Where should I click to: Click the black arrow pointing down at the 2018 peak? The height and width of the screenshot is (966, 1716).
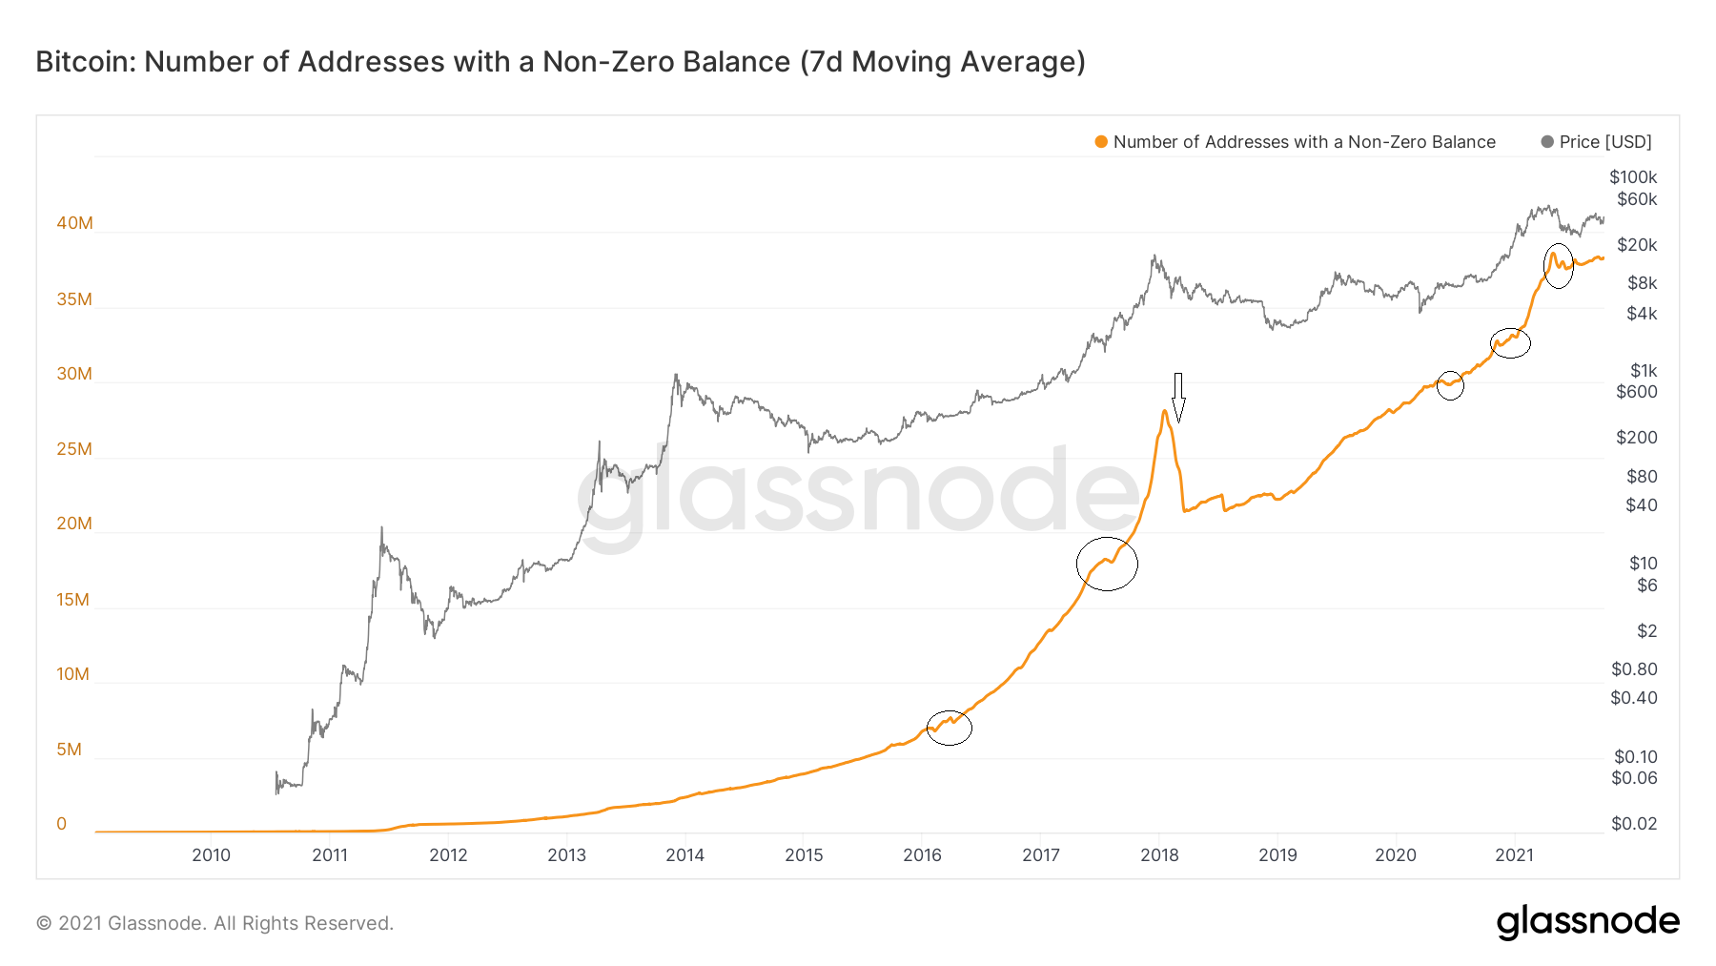click(1178, 397)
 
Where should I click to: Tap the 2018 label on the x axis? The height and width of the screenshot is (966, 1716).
click(1159, 855)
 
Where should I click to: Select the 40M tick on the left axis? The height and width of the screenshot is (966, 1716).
click(74, 223)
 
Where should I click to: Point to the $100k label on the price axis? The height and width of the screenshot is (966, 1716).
click(1633, 177)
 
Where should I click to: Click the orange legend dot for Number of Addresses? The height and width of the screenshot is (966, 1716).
click(1101, 142)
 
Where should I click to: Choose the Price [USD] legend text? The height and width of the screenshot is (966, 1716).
click(1605, 142)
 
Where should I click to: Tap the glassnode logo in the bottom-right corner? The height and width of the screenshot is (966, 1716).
click(1587, 922)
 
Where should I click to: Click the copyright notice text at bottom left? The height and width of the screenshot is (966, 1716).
click(214, 923)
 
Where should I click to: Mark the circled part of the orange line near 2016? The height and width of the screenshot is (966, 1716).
click(950, 728)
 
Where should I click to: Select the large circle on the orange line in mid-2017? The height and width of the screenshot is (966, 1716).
click(1107, 564)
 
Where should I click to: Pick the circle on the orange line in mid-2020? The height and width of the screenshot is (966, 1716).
click(1450, 385)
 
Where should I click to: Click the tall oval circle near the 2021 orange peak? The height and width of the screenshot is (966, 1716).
click(1558, 266)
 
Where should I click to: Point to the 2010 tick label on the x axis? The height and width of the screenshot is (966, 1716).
click(211, 855)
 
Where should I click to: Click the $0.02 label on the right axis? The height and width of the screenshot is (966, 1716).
click(1634, 824)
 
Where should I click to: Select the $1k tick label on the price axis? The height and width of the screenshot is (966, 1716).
click(1644, 371)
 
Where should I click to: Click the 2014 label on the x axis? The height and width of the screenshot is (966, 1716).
click(684, 855)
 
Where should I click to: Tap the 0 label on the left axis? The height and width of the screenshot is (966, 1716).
click(62, 824)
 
